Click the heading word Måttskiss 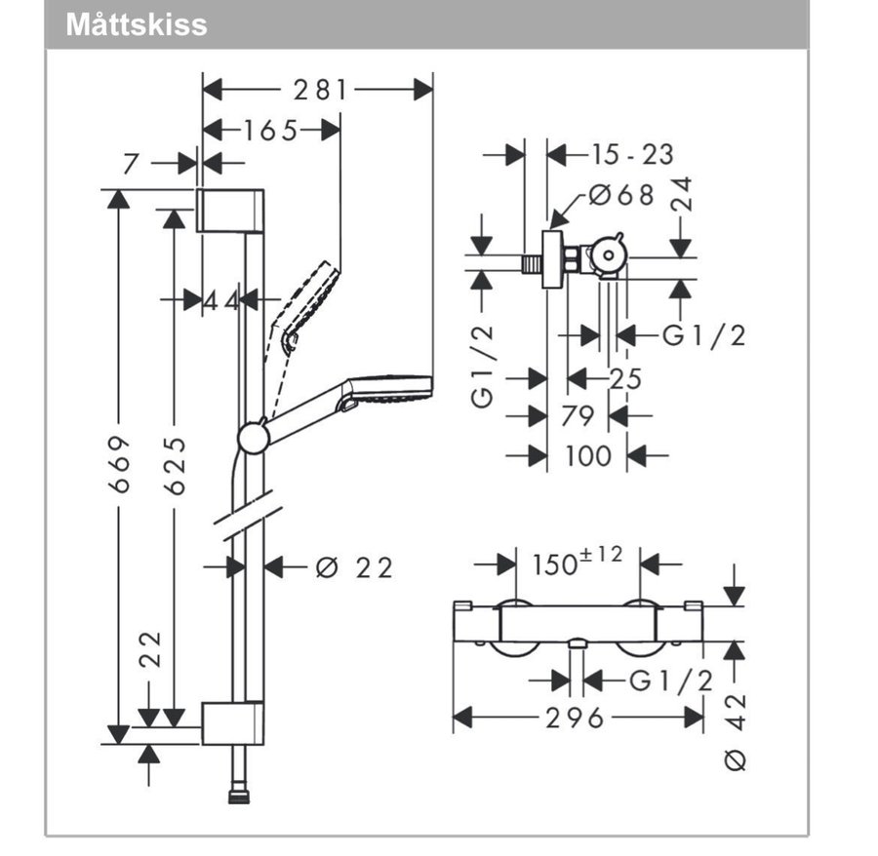[137, 24]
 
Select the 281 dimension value [320, 90]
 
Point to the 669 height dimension [118, 463]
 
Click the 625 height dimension [175, 465]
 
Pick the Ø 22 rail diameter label [354, 567]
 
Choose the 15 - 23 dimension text [631, 154]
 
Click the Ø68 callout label [622, 195]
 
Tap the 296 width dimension [576, 719]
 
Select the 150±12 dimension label [577, 563]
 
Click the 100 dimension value [587, 455]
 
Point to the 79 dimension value [578, 416]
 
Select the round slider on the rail [254, 437]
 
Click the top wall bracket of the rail [230, 210]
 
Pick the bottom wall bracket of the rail [232, 722]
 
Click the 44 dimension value [221, 300]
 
